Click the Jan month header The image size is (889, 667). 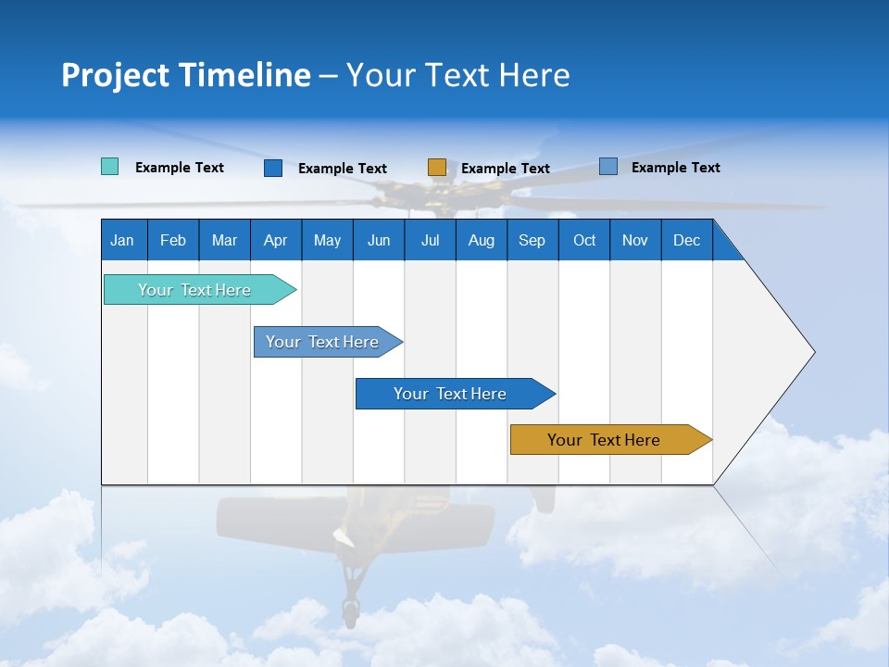[122, 240]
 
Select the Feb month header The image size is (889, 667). [173, 240]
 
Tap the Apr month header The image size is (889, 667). [275, 240]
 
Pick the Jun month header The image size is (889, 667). [379, 240]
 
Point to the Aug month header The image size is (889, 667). [481, 240]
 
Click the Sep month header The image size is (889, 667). [532, 240]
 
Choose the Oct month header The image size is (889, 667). [584, 240]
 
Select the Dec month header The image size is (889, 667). [686, 240]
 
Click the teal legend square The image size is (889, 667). [109, 167]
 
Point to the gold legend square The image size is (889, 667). [437, 168]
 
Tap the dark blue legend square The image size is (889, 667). [273, 168]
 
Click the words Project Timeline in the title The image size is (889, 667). [186, 75]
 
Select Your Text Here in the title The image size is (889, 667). [458, 75]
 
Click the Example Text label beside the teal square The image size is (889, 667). [180, 168]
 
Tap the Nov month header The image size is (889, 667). [635, 240]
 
